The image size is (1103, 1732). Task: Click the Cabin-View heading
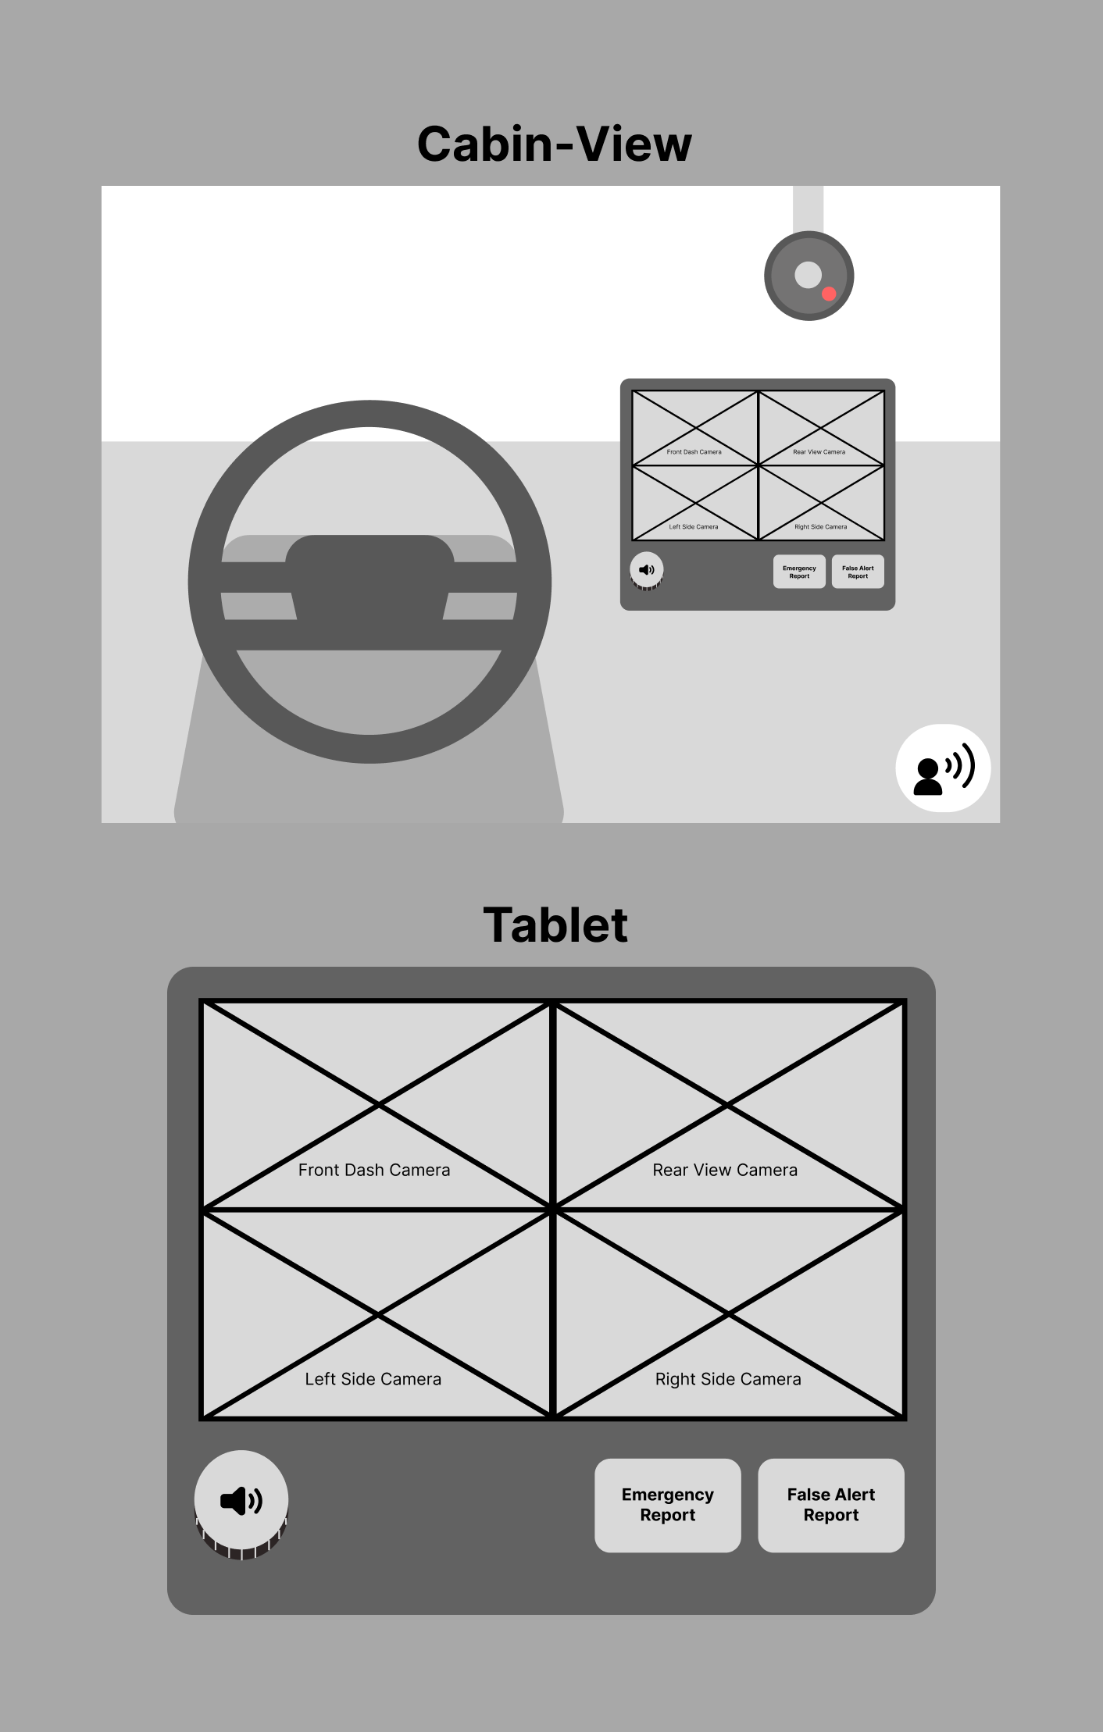[x=555, y=144]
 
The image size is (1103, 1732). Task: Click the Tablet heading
[x=555, y=925]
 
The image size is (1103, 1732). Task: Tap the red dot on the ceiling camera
[x=829, y=294]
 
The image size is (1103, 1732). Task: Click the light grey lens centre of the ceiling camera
[x=808, y=275]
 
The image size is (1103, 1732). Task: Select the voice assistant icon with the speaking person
[x=943, y=768]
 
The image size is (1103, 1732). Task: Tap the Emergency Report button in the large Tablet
[x=668, y=1505]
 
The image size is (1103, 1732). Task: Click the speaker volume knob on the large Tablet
[x=241, y=1503]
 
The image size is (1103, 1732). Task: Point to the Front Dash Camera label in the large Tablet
[x=374, y=1170]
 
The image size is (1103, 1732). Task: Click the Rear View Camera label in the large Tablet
[x=725, y=1170]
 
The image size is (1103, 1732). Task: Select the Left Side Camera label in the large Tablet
[x=373, y=1379]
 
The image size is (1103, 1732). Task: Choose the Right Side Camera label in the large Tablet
[x=728, y=1379]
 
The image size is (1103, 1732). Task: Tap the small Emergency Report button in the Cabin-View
[x=799, y=572]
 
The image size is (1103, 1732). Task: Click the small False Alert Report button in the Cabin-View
[x=858, y=572]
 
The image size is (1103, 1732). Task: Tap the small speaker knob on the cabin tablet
[x=647, y=571]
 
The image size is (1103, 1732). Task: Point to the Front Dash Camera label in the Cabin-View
[x=694, y=451]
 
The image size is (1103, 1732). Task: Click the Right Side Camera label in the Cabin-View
[x=820, y=526]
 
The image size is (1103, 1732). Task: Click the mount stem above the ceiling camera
[x=808, y=209]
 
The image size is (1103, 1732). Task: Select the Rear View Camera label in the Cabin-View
[x=819, y=451]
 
